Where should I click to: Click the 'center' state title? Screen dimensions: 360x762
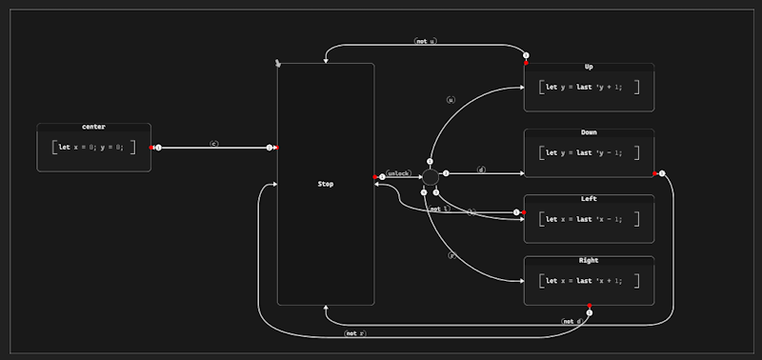(x=93, y=127)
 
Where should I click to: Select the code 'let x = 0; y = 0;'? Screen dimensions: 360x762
(x=93, y=148)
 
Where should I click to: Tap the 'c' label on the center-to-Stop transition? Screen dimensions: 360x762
(x=213, y=144)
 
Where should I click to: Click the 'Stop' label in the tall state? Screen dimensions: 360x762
(x=325, y=184)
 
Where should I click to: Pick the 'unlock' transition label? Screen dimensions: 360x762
(x=398, y=173)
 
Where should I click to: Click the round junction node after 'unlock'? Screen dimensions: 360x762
(x=430, y=176)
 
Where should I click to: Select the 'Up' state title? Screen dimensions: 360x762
(x=588, y=67)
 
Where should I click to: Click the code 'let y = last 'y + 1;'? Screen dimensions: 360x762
(x=588, y=87)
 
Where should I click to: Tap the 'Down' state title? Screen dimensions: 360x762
(x=588, y=132)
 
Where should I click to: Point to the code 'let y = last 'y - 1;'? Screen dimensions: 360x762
(x=588, y=152)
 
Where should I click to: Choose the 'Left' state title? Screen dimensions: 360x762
(x=588, y=198)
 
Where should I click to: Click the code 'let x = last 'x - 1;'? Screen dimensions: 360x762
(x=588, y=219)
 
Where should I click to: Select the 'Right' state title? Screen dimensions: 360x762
(x=588, y=260)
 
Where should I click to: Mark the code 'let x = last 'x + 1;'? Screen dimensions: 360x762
(x=588, y=281)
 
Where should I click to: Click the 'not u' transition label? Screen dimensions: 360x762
(x=425, y=41)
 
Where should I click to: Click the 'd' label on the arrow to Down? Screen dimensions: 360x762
(x=481, y=170)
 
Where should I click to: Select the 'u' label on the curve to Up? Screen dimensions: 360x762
(x=451, y=99)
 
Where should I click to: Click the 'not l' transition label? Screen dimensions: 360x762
(x=439, y=209)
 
